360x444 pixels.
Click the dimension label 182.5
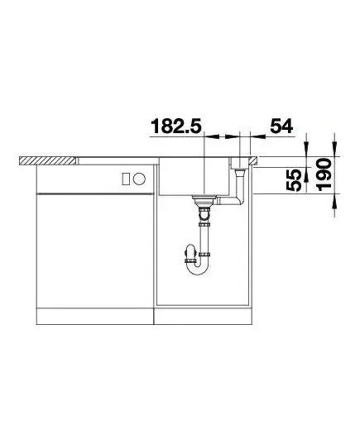176,126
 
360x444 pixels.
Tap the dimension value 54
281,126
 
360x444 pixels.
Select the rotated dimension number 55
294,180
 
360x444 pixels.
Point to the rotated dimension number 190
324,174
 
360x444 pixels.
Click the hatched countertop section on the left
48,160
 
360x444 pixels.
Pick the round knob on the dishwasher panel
140,179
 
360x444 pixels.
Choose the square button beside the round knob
126,179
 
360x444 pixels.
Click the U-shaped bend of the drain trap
198,269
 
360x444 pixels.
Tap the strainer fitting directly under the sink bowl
204,200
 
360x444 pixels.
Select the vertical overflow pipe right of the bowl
240,184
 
